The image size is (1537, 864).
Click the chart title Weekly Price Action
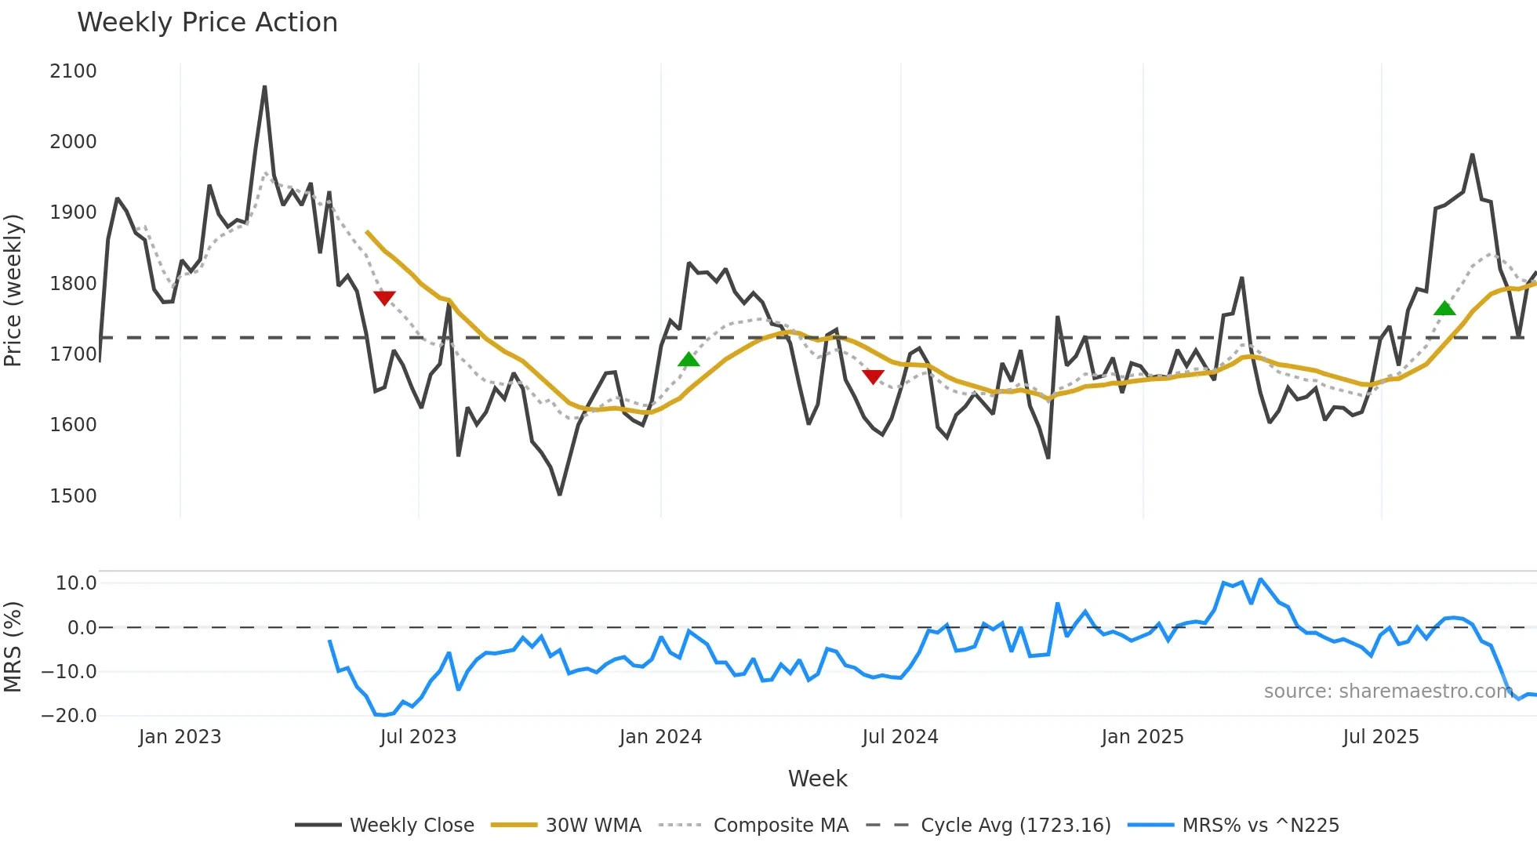(x=207, y=23)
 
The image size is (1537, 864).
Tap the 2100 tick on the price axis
(x=73, y=71)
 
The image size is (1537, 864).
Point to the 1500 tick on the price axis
(x=73, y=496)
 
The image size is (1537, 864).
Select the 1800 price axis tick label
(x=73, y=284)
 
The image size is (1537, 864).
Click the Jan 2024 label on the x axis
(x=660, y=737)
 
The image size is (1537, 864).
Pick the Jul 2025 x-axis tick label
(x=1380, y=737)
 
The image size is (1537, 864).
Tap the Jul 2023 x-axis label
(x=418, y=737)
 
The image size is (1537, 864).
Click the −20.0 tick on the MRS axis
(x=69, y=716)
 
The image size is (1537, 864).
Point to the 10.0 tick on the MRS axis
(x=75, y=583)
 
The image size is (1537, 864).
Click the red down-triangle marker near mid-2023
(x=384, y=297)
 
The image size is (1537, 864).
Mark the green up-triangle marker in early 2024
(x=689, y=360)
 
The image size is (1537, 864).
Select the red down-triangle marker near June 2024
(x=873, y=376)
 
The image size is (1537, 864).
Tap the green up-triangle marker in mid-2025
(x=1444, y=308)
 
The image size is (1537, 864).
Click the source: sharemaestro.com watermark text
(x=1388, y=692)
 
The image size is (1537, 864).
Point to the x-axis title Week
(x=817, y=779)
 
